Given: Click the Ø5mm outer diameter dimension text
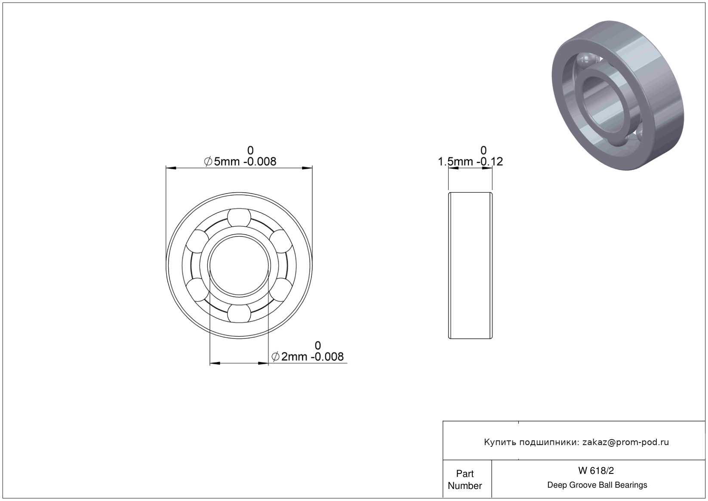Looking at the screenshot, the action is [x=240, y=162].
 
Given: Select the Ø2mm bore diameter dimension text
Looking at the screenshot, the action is [x=308, y=357].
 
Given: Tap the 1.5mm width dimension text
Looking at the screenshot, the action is [x=470, y=162].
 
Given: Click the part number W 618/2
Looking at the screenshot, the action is [x=596, y=470].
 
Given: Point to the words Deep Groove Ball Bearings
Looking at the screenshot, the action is [x=597, y=485].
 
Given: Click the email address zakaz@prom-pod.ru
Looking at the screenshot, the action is [x=625, y=442].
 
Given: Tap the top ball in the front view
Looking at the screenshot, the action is [x=239, y=218].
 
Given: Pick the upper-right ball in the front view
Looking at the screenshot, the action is [x=281, y=241].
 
